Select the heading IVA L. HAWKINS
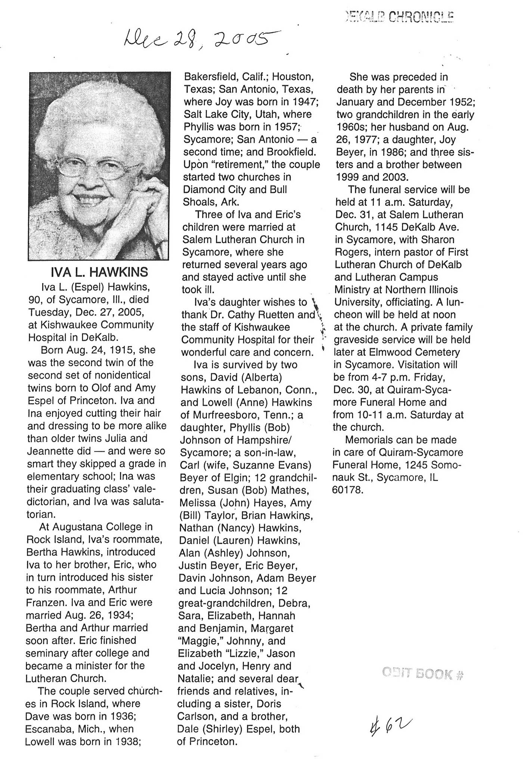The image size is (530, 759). (99, 272)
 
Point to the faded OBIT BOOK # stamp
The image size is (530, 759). (422, 674)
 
